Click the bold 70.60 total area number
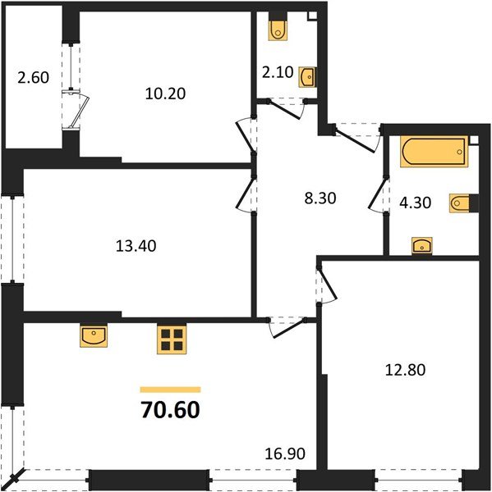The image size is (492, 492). pyautogui.click(x=170, y=408)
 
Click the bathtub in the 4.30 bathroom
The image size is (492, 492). pyautogui.click(x=433, y=153)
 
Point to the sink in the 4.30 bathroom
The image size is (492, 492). pyautogui.click(x=422, y=245)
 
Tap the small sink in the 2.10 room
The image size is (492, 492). pyautogui.click(x=307, y=77)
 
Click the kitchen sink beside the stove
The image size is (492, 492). pyautogui.click(x=92, y=335)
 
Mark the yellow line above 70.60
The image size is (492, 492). pyautogui.click(x=170, y=389)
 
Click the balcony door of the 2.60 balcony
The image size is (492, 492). pyautogui.click(x=76, y=111)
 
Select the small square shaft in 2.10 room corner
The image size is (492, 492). pyautogui.click(x=312, y=16)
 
